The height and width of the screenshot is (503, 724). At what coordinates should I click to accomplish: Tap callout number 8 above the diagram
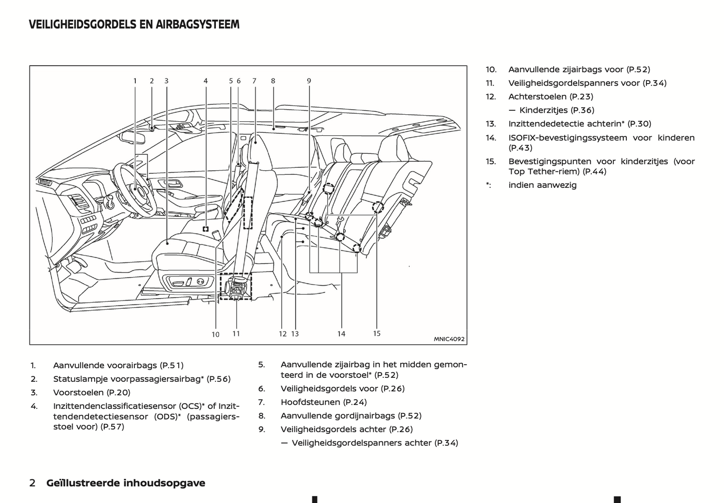point(273,81)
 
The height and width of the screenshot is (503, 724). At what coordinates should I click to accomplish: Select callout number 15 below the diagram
point(377,333)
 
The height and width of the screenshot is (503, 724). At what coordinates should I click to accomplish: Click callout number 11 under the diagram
point(236,333)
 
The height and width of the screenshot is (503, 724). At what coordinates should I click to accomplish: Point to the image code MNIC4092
point(449,339)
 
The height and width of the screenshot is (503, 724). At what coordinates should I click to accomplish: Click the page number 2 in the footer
point(33,483)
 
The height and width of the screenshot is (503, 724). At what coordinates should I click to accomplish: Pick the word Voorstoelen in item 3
point(78,392)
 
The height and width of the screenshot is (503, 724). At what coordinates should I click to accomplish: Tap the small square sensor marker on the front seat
point(205,229)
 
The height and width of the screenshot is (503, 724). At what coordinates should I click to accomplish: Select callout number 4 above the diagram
point(205,81)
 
